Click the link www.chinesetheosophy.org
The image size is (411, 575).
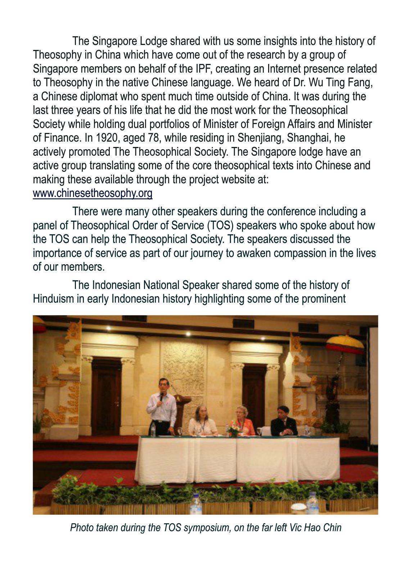92,193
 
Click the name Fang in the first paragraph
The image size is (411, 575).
361,82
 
